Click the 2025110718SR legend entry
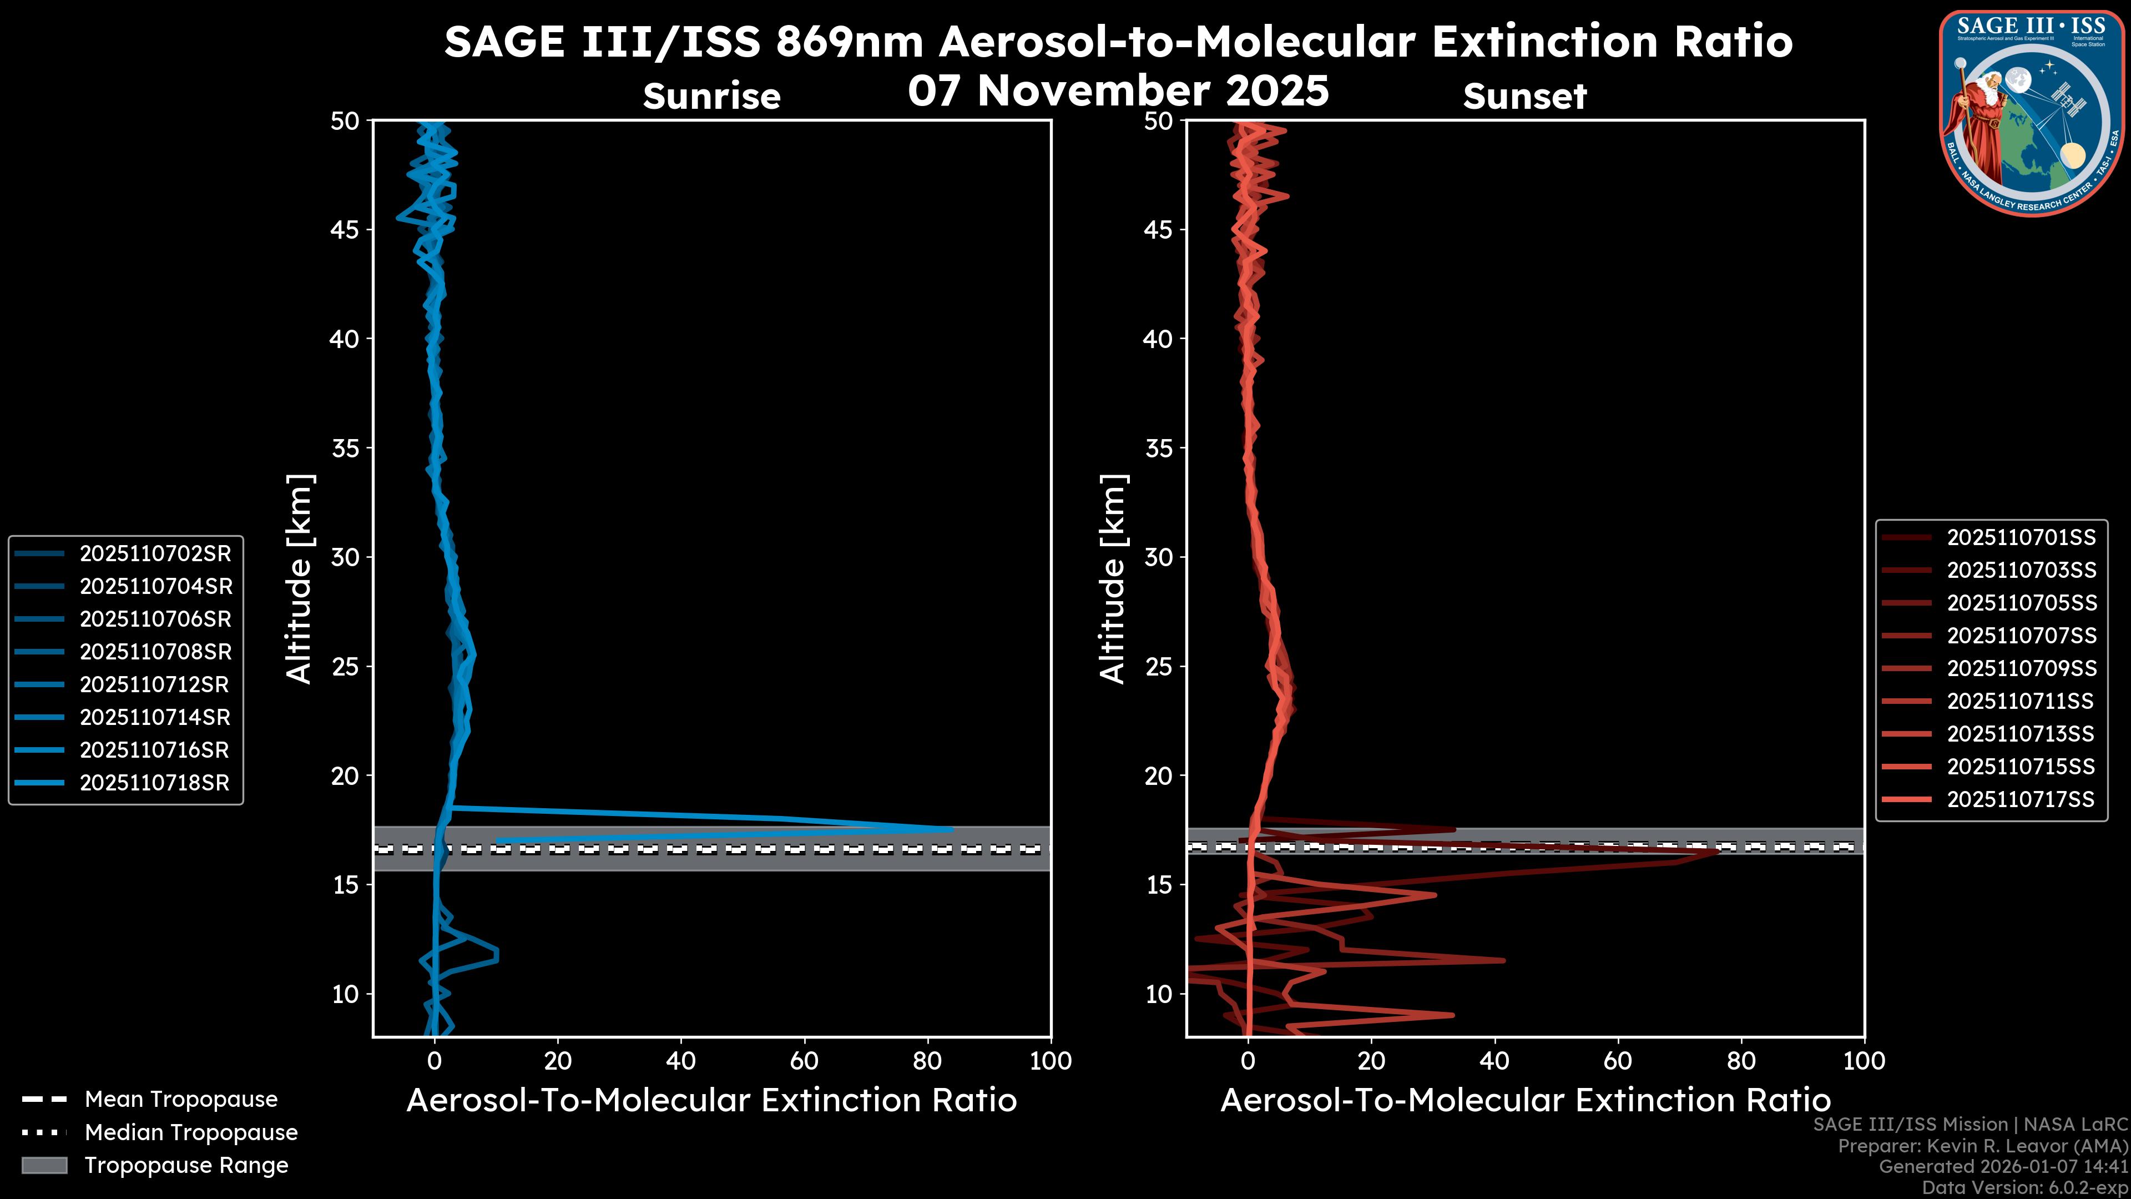pos(154,783)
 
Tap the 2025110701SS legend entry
pos(2021,538)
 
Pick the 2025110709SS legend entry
pos(2021,668)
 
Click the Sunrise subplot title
pos(711,97)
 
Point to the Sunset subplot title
pos(1524,97)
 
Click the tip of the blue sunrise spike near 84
pos(951,828)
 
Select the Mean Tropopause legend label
pos(181,1100)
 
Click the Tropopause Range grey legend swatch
pos(44,1166)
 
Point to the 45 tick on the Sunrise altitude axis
pos(346,230)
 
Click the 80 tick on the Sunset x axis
pos(1741,1061)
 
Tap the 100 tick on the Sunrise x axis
pos(1050,1061)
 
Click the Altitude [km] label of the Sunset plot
pos(1113,579)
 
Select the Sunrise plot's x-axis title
pos(711,1101)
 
